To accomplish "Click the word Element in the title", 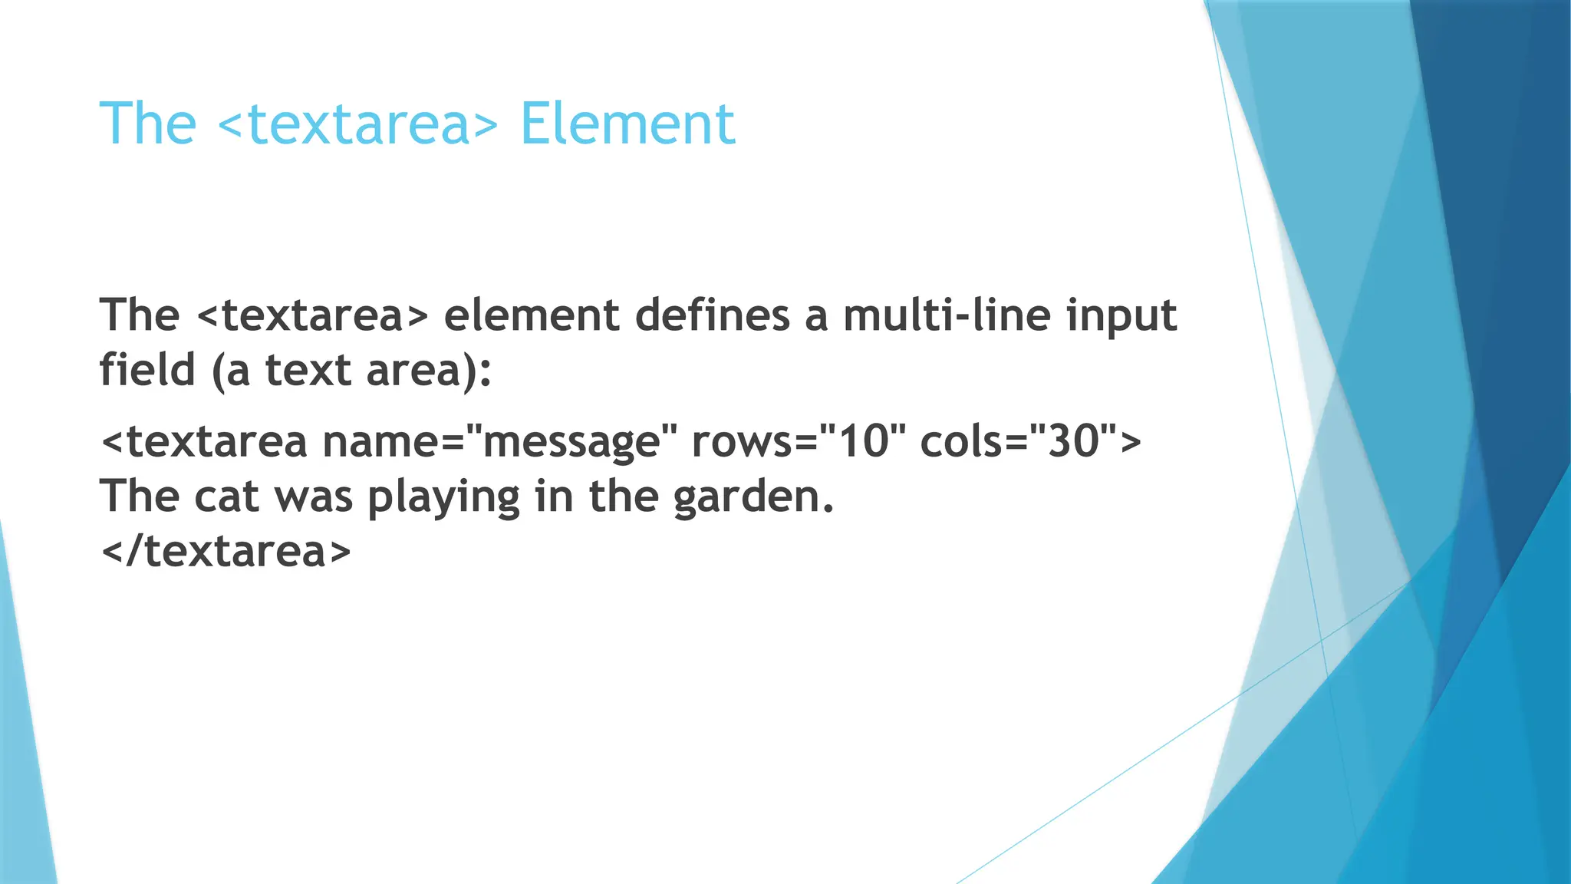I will [627, 124].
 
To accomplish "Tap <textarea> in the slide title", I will [358, 125].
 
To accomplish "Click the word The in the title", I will [148, 124].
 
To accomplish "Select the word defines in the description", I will [713, 315].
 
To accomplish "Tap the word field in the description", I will [147, 370].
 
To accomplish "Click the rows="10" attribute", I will [798, 442].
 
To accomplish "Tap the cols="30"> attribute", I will [1030, 442].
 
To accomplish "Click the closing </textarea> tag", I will [226, 551].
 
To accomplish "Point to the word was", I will [314, 497].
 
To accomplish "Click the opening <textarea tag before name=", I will [204, 443].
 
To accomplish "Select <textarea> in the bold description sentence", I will [312, 315].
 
